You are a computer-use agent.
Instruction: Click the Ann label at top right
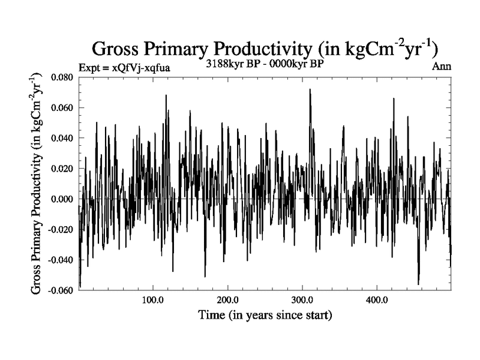(x=442, y=66)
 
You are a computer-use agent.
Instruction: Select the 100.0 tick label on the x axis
(x=153, y=299)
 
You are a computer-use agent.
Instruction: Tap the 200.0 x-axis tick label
(x=227, y=299)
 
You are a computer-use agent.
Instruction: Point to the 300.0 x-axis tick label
(x=302, y=299)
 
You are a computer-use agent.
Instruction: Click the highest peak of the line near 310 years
(x=310, y=89)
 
